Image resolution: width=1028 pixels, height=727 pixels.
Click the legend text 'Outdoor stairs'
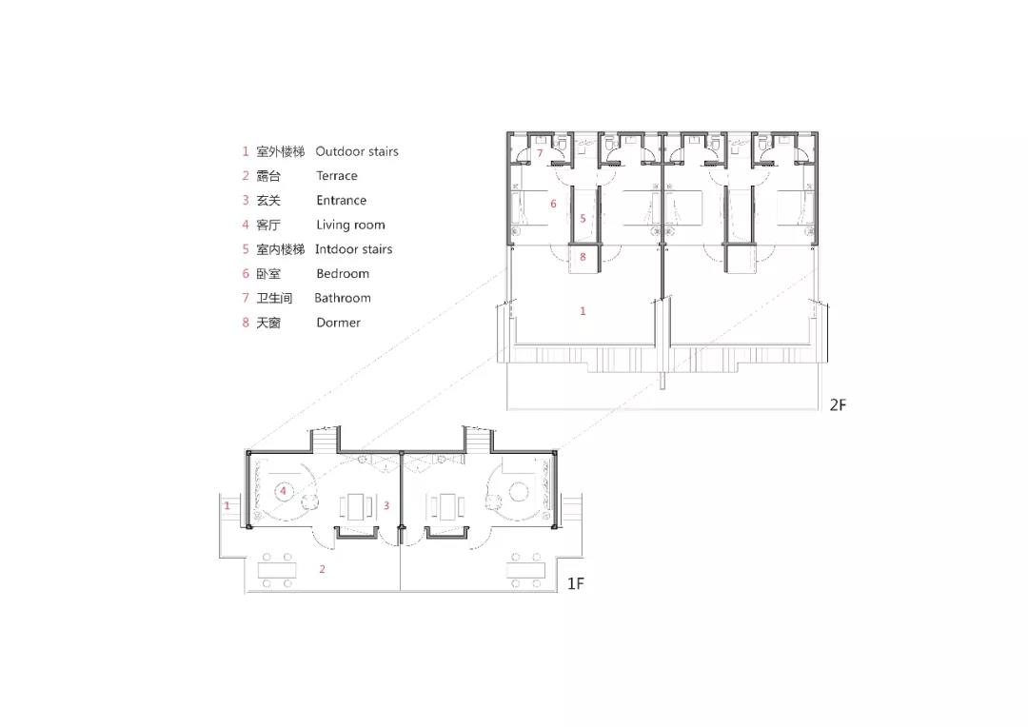357,151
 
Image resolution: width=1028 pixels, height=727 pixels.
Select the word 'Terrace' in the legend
336,176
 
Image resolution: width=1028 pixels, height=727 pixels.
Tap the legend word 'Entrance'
341,200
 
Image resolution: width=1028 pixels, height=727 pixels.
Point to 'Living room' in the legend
350,225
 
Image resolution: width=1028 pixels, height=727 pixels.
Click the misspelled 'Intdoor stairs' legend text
353,249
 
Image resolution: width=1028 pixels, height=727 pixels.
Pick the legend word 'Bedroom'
343,273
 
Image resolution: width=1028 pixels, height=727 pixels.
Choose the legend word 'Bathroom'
343,298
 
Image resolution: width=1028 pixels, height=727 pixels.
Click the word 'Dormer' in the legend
338,323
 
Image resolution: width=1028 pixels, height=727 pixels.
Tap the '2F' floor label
838,405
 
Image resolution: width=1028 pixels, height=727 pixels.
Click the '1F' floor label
576,582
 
